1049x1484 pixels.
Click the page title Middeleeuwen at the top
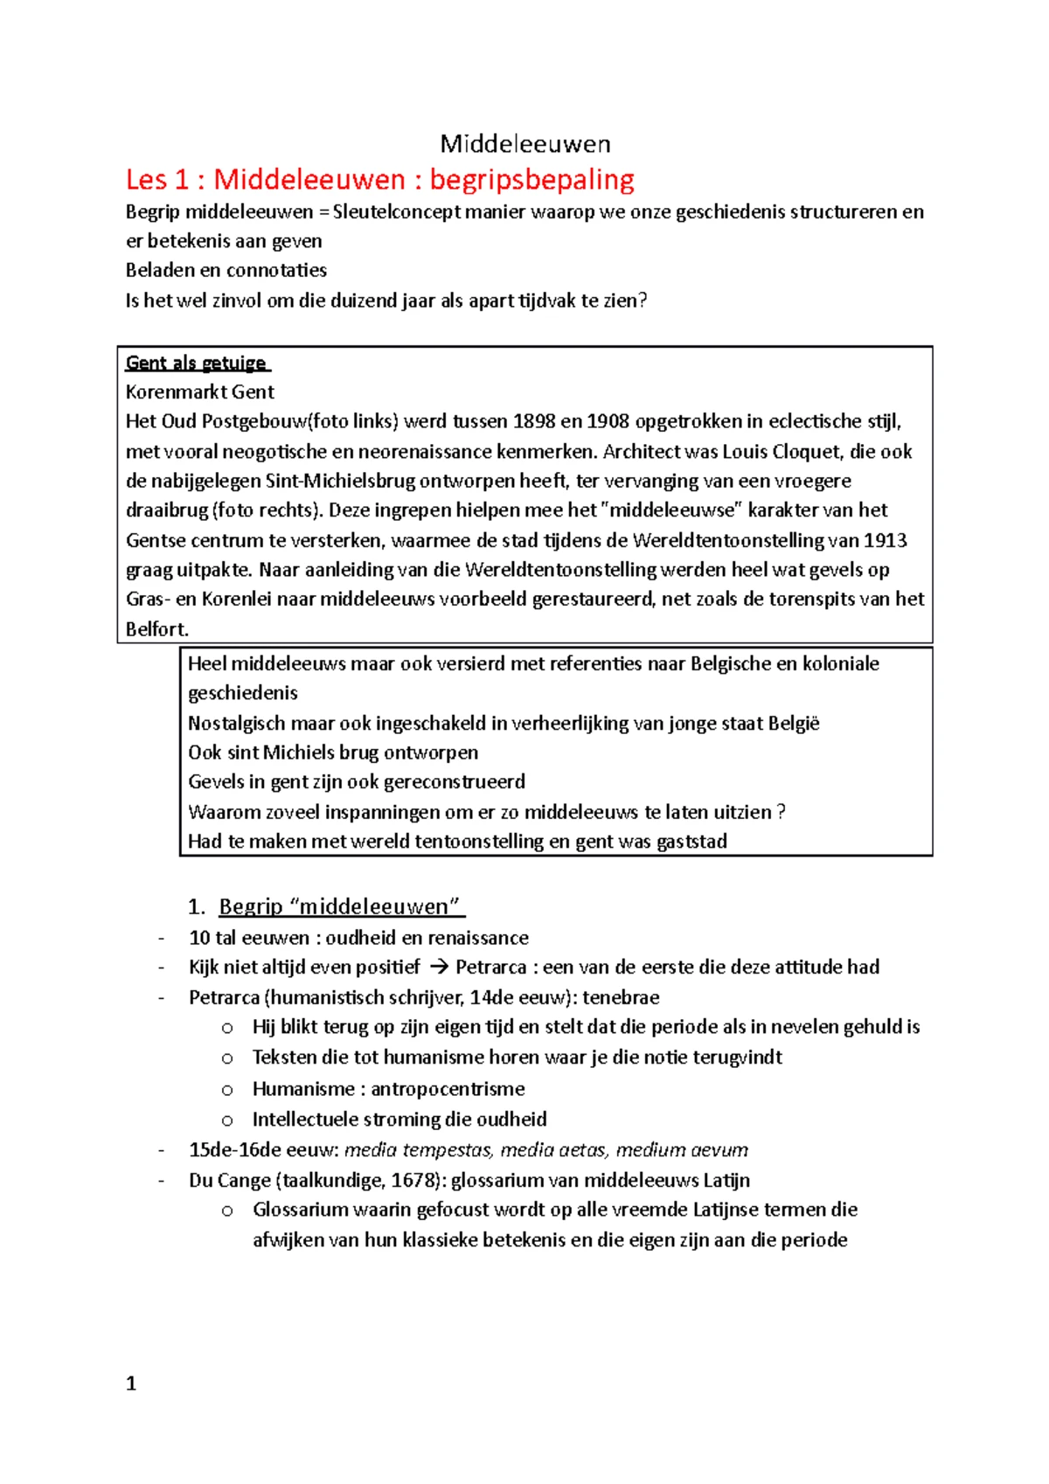[x=524, y=143]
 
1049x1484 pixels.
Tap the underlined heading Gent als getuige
[x=197, y=363]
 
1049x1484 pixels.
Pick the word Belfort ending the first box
[x=156, y=629]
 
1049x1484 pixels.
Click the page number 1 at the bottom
[x=131, y=1383]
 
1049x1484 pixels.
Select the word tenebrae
[x=621, y=997]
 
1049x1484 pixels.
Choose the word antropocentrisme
[x=448, y=1089]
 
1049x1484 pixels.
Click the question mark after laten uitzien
[x=781, y=812]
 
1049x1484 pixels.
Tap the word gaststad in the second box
[x=691, y=842]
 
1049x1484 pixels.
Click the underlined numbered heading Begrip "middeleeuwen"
[x=339, y=906]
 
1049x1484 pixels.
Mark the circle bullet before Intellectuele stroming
[x=227, y=1120]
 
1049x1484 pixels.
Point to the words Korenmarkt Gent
[x=200, y=392]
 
